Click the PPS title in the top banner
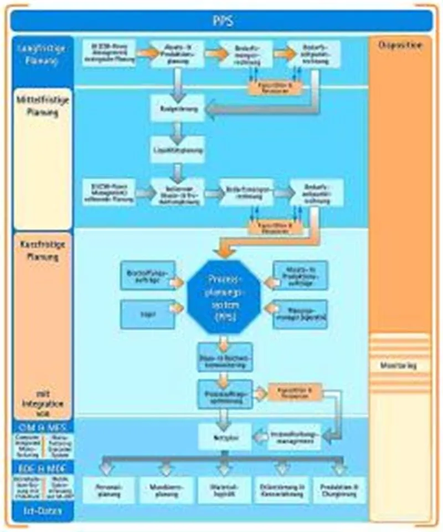tap(221, 22)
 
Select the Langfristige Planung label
tap(42, 54)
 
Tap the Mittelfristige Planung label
tap(42, 105)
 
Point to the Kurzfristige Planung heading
tap(42, 250)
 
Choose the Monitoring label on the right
tap(399, 366)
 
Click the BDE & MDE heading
tap(42, 468)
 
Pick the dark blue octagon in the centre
tap(223, 296)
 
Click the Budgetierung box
tap(177, 109)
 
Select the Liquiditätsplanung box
tap(177, 150)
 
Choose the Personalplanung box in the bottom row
tap(109, 490)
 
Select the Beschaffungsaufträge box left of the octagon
tap(147, 276)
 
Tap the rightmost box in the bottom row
tap(339, 490)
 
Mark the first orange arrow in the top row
tap(147, 53)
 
